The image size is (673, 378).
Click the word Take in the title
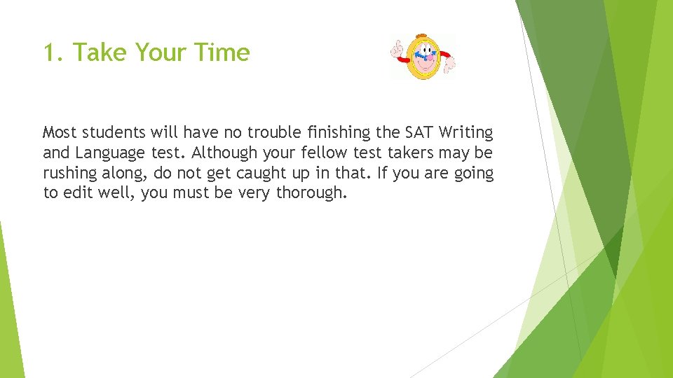(101, 52)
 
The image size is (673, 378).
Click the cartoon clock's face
(422, 59)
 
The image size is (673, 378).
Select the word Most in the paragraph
(60, 132)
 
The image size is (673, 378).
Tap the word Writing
(466, 132)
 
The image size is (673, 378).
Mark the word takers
(414, 153)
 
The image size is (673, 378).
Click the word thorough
(311, 192)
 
